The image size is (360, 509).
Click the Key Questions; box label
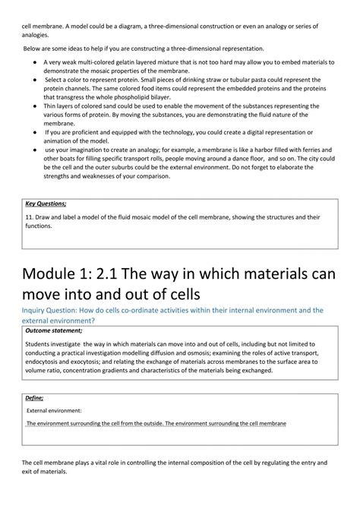pyautogui.click(x=46, y=204)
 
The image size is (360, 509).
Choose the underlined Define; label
pyautogui.click(x=34, y=398)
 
